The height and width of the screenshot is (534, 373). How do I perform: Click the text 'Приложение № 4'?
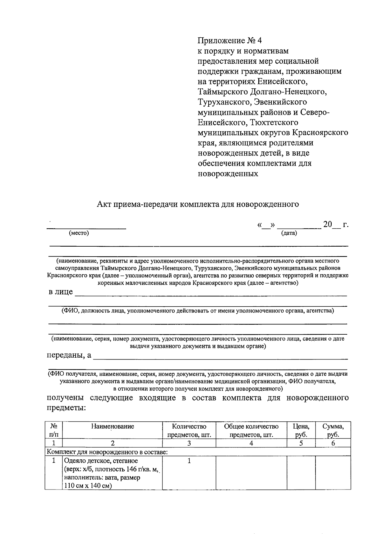coord(230,41)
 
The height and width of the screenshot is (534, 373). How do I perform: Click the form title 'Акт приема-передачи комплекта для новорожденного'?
coord(198,204)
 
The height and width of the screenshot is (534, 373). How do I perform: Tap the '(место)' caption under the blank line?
coord(79,233)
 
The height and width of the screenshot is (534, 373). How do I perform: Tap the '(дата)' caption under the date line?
coord(289,233)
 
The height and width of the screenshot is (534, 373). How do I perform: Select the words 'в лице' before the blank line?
coord(61,292)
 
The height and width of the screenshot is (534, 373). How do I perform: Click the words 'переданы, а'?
coord(69,355)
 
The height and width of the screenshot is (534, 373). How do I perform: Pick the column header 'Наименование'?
coord(113,426)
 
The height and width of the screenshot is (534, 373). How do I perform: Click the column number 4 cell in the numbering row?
coord(251,443)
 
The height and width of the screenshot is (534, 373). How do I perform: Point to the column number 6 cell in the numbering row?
coord(333,443)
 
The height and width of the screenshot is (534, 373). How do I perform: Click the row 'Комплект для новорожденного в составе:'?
coord(107,452)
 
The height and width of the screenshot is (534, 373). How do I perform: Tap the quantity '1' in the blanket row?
coord(189,461)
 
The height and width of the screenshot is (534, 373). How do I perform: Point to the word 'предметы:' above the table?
coord(66,408)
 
